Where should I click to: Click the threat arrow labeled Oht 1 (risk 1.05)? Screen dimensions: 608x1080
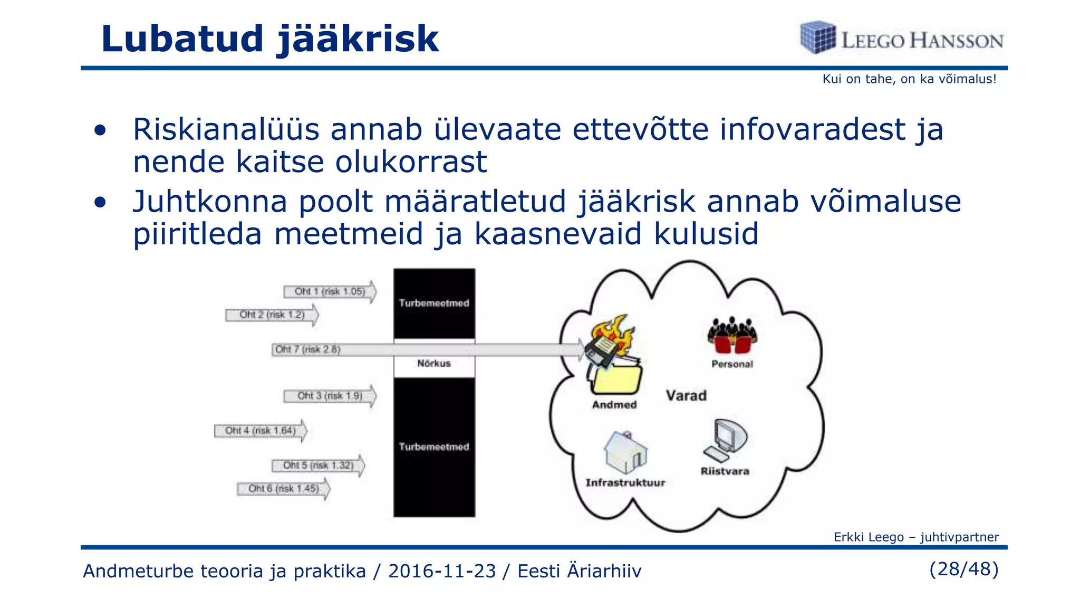click(330, 291)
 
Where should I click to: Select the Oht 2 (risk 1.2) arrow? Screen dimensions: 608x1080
click(272, 315)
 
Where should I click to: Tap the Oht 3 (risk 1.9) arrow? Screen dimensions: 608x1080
click(330, 396)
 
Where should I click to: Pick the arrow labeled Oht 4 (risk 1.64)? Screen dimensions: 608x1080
click(261, 431)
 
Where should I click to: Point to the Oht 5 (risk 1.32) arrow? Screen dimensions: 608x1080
click(319, 465)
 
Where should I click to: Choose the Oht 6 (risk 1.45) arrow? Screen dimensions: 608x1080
click(284, 489)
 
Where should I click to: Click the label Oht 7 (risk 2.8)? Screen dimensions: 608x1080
click(308, 349)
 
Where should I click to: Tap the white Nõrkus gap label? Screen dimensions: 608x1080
click(434, 363)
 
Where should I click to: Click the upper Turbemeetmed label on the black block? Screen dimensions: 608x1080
click(434, 303)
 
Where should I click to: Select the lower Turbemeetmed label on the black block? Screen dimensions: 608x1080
click(434, 446)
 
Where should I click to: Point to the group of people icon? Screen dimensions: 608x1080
click(732, 336)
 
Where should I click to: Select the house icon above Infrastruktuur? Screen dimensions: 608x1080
click(625, 452)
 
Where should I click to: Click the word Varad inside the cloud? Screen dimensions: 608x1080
click(686, 395)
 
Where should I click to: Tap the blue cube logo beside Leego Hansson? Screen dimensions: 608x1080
click(818, 37)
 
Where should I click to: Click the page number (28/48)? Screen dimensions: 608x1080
click(964, 569)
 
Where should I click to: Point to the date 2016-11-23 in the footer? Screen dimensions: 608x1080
click(442, 571)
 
